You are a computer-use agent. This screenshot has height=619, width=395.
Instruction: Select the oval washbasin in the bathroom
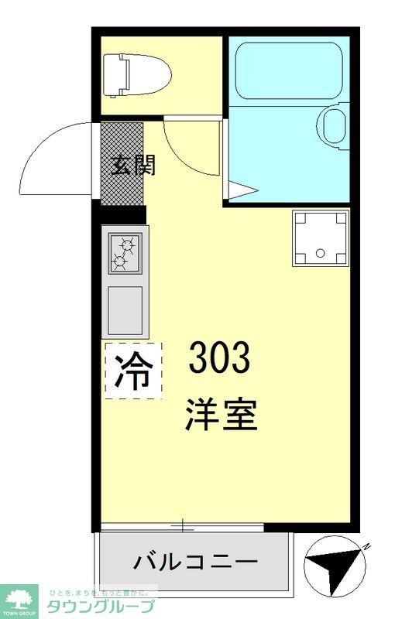[335, 125]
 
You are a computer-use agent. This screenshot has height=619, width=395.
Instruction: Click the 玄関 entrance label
[132, 165]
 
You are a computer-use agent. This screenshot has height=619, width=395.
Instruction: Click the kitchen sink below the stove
[124, 309]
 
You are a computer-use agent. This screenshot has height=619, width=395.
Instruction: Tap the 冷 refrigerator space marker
[132, 371]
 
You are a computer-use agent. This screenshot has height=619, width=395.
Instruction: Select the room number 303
[220, 357]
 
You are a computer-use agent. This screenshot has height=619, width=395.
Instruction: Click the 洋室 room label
[220, 414]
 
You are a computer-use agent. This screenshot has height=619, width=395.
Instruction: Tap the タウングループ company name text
[101, 606]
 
